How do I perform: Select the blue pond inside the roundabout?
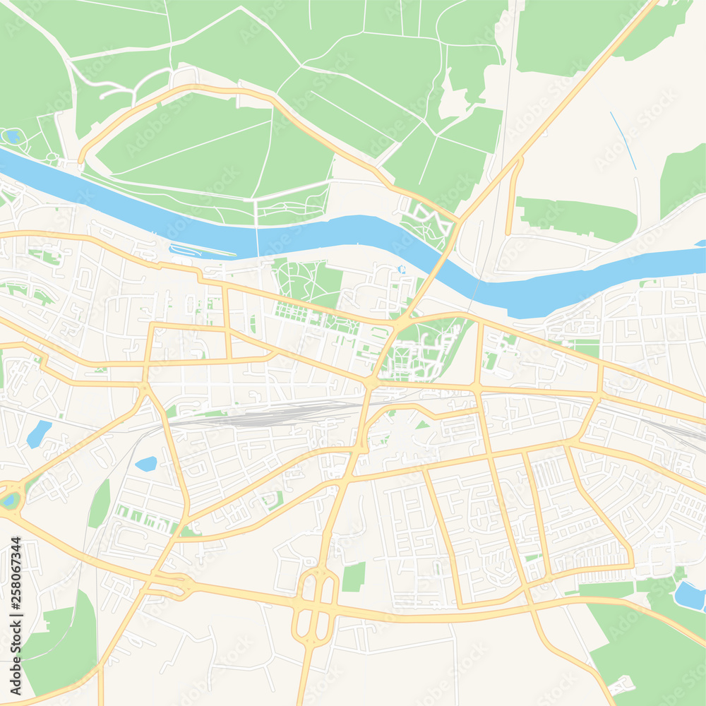coord(10,500)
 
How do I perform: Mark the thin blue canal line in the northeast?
coord(623,140)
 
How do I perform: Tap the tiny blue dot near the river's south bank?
coord(401,269)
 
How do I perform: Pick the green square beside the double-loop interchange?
coord(354,577)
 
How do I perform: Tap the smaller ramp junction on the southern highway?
coord(175,584)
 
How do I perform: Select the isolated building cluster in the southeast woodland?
coord(621,684)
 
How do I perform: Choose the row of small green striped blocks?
coord(145,518)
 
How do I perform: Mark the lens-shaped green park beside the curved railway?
coord(100,503)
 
